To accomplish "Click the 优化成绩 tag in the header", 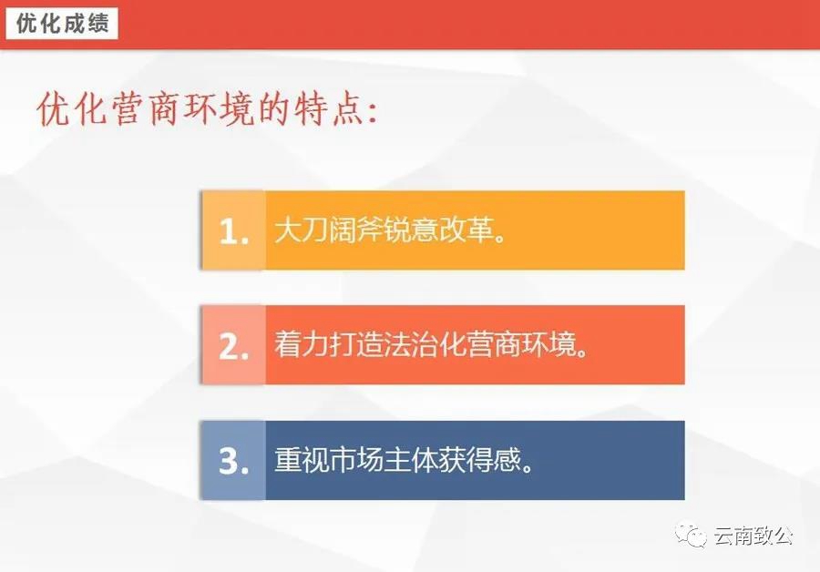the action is point(62,24).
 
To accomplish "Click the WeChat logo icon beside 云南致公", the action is point(691,535).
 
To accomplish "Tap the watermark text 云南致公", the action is point(753,536).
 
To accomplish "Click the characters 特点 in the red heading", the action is point(328,109).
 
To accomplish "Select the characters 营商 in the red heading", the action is point(147,109).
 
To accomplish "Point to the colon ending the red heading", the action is point(372,113).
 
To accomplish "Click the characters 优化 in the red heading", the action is point(72,109).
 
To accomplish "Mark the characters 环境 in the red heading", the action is point(220,109).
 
